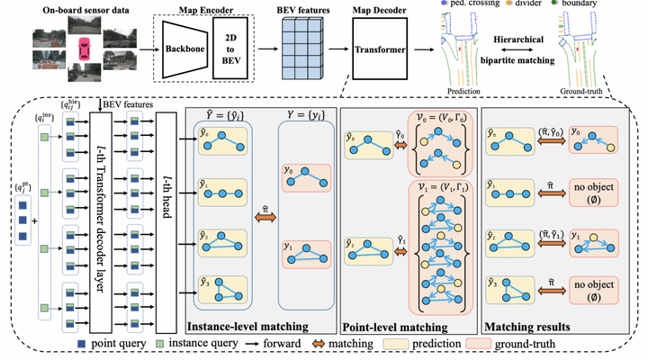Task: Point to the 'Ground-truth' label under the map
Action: [x=584, y=91]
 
